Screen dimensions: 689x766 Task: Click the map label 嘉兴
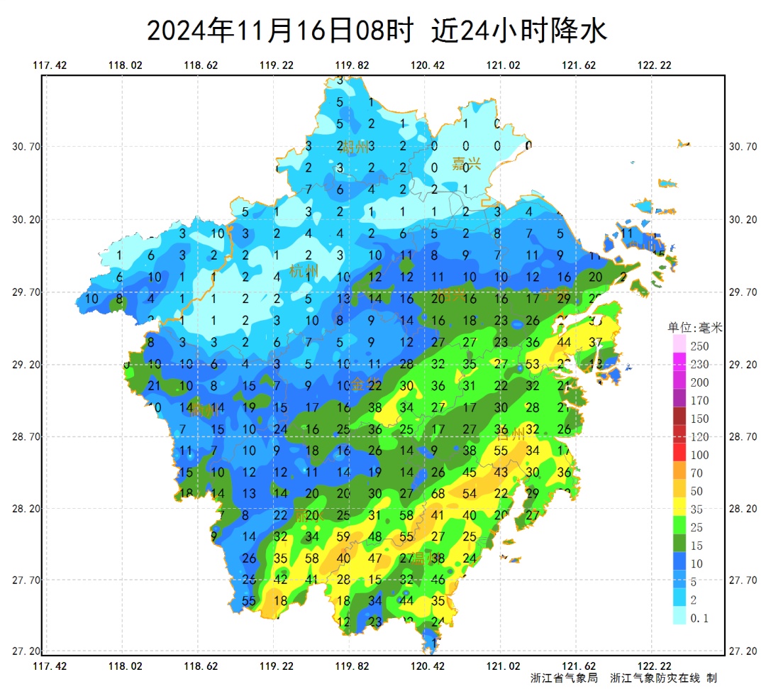pyautogui.click(x=467, y=164)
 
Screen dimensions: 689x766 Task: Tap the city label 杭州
pyautogui.click(x=304, y=270)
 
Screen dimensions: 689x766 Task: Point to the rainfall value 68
pyautogui.click(x=438, y=493)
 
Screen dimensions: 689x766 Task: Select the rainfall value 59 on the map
pyautogui.click(x=343, y=536)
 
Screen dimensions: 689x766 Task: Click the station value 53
pyautogui.click(x=533, y=365)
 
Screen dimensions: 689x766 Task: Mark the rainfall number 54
pyautogui.click(x=470, y=493)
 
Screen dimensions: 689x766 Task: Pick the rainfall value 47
pyautogui.click(x=375, y=558)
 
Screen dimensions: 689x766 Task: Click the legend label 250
pyautogui.click(x=699, y=346)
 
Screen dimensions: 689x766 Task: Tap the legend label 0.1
pyautogui.click(x=699, y=618)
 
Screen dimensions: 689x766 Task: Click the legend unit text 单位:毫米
pyautogui.click(x=695, y=328)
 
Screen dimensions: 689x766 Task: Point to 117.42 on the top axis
pyautogui.click(x=50, y=65)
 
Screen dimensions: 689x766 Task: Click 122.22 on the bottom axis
pyautogui.click(x=654, y=666)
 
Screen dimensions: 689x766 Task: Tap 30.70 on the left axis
pyautogui.click(x=26, y=147)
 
